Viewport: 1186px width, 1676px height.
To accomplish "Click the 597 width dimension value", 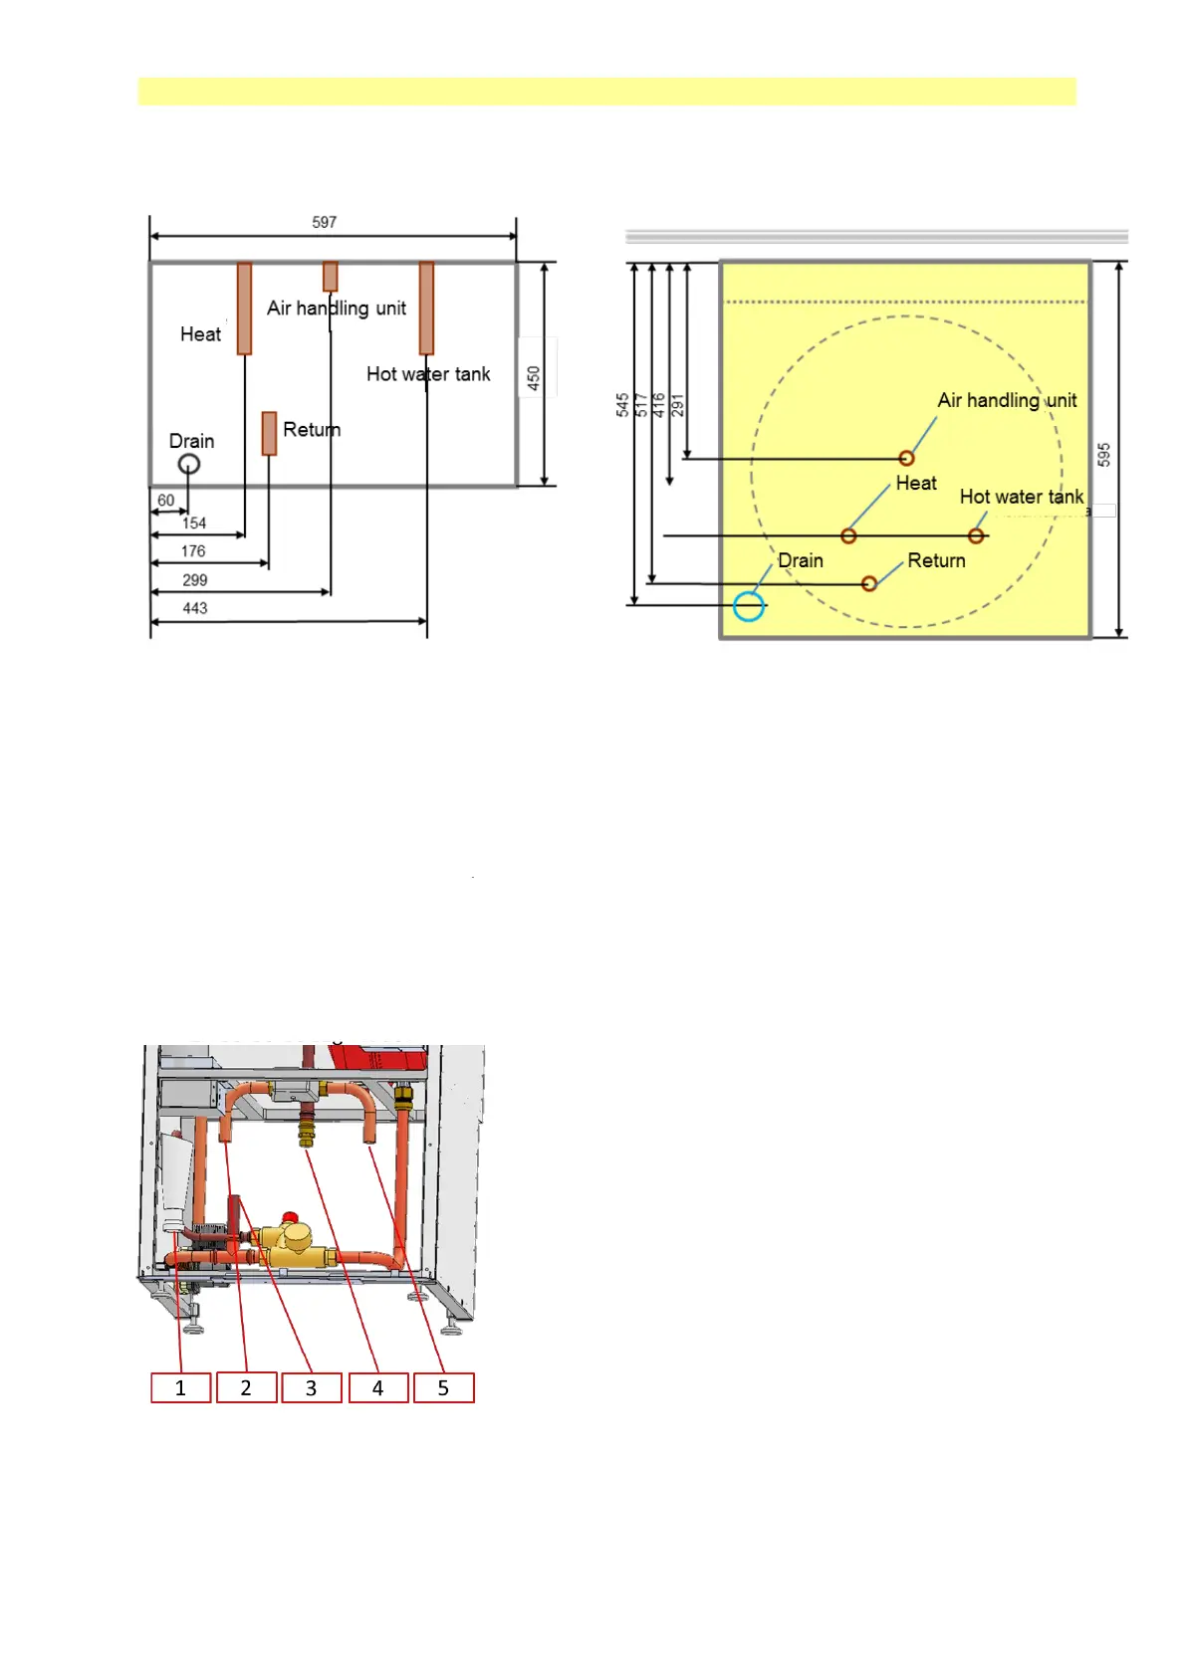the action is [325, 222].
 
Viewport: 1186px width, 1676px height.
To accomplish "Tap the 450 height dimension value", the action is [534, 378].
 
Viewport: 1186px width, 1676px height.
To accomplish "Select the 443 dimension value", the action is [195, 608].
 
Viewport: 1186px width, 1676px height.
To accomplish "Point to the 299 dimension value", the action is [195, 580].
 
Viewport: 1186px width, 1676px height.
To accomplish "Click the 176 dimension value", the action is [193, 551].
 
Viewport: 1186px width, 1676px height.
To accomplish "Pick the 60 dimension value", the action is [166, 501].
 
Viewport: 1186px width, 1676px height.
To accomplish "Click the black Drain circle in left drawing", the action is [189, 464].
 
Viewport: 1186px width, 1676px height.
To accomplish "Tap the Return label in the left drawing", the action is [312, 430].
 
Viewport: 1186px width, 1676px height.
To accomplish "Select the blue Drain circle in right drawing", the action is [749, 606].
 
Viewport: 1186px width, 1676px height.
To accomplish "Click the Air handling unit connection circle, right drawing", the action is [906, 458].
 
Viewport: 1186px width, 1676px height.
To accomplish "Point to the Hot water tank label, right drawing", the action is [1022, 497].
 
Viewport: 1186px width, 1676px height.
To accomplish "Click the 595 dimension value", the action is [1103, 455].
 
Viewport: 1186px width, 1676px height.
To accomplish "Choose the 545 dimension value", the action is [622, 405].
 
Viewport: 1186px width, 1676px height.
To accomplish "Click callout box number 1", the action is [180, 1387].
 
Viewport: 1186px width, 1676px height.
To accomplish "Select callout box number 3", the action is [312, 1387].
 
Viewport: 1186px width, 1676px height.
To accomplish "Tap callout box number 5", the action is [443, 1387].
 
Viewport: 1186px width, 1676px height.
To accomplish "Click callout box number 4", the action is [377, 1387].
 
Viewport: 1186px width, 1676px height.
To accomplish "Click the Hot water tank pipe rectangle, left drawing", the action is [426, 308].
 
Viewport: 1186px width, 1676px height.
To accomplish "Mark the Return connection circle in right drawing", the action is [869, 583].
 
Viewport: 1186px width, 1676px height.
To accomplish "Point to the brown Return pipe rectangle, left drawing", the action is [269, 433].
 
